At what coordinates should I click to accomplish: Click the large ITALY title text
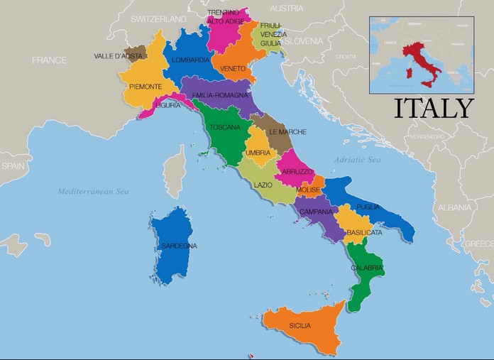(433, 109)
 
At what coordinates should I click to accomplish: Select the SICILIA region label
(300, 326)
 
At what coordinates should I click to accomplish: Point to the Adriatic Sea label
(358, 160)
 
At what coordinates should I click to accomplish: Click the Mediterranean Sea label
(94, 191)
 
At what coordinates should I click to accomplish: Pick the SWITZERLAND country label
(158, 19)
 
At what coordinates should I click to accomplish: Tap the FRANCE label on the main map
(49, 60)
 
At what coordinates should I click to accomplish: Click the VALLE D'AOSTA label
(118, 55)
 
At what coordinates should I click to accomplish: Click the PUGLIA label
(368, 207)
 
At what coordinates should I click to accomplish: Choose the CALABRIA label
(367, 268)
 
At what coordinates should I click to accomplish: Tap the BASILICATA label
(365, 232)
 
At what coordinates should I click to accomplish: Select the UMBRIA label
(258, 153)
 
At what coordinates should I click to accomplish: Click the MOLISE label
(308, 190)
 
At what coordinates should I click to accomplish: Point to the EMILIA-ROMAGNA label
(220, 94)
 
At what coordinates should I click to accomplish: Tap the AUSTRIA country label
(287, 9)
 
